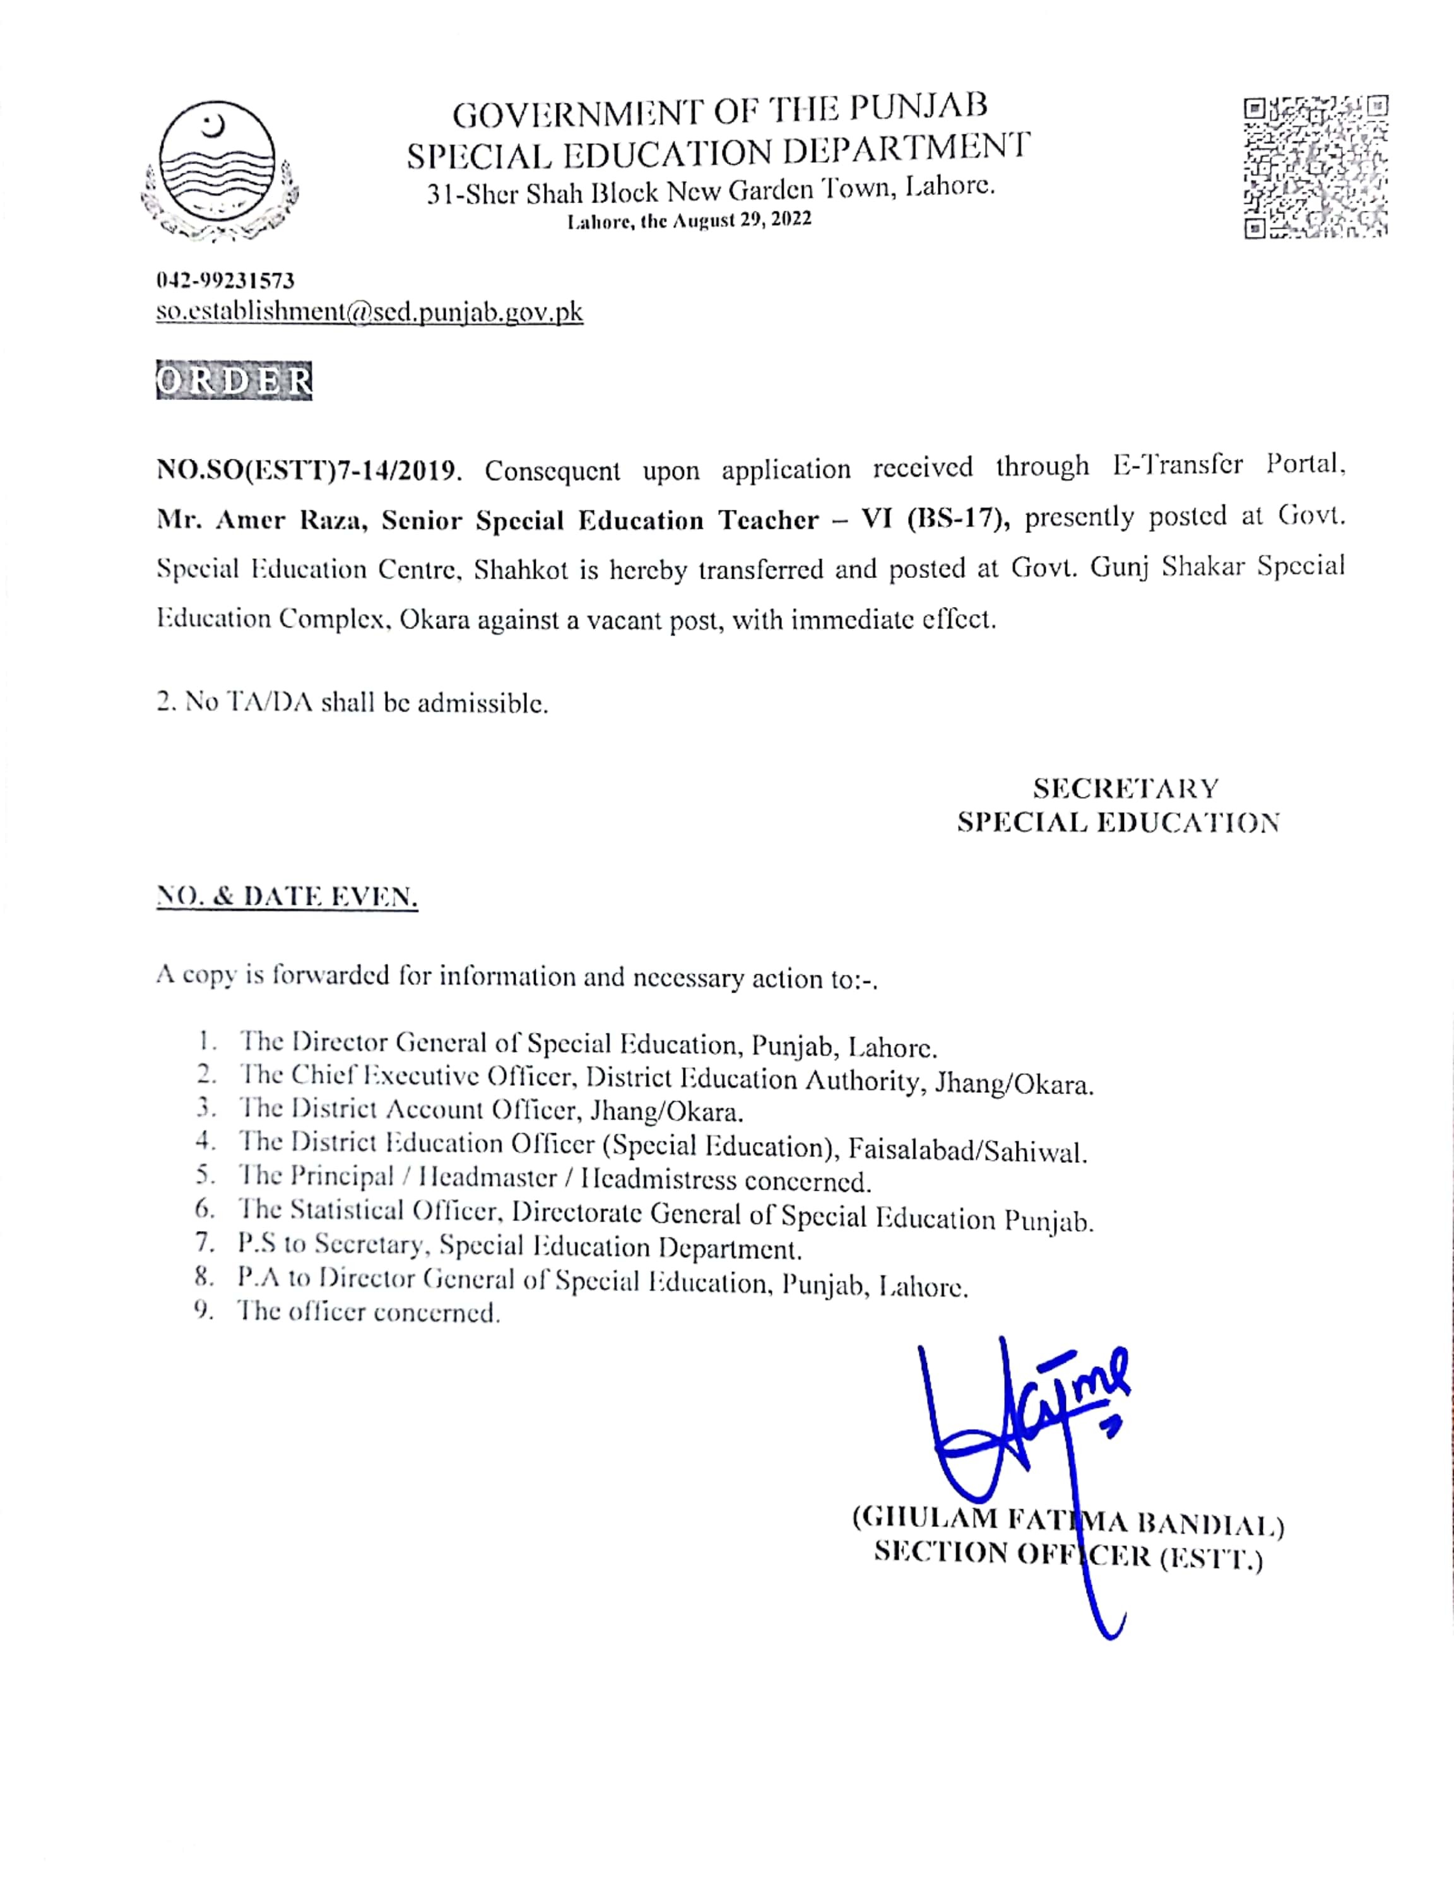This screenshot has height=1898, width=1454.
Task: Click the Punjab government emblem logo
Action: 218,170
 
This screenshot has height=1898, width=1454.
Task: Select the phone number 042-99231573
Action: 225,280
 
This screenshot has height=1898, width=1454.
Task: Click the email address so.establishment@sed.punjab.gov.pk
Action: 370,312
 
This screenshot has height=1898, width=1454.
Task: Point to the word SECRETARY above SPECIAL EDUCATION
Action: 1125,789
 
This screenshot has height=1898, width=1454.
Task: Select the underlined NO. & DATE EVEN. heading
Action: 287,897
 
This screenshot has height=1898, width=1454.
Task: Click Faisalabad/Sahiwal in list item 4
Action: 967,1150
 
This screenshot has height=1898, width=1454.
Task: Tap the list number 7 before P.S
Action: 204,1243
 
